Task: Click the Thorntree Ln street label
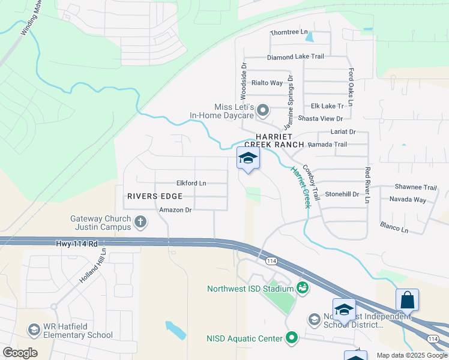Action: [289, 32]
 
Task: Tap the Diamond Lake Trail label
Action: [295, 56]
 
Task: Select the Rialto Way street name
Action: [267, 83]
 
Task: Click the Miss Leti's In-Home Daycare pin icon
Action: [263, 110]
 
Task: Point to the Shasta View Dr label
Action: [322, 119]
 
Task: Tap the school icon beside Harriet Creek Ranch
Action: [248, 158]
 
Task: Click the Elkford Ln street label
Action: [191, 183]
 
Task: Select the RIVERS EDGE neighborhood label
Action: [155, 196]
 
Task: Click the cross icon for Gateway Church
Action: [140, 222]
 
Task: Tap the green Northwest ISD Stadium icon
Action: [302, 289]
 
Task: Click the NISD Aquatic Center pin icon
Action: [292, 338]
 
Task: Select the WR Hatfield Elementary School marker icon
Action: [34, 330]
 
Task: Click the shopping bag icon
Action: [407, 300]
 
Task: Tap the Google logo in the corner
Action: [20, 353]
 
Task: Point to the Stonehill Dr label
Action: [342, 194]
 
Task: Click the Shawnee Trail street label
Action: [415, 187]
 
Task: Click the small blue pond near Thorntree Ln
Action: [309, 37]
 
